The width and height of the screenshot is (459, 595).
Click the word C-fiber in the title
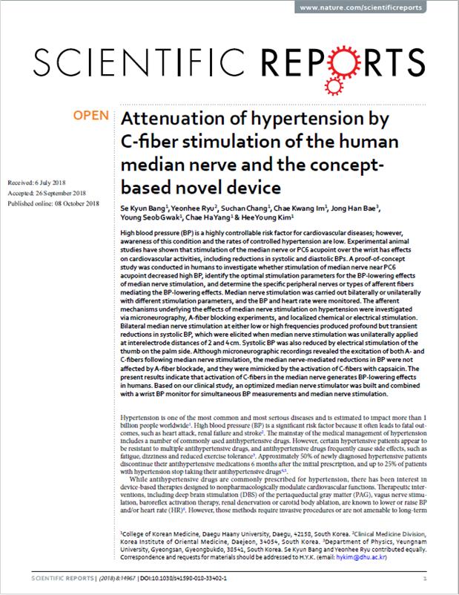[151, 141]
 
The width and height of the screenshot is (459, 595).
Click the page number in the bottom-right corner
[423, 574]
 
